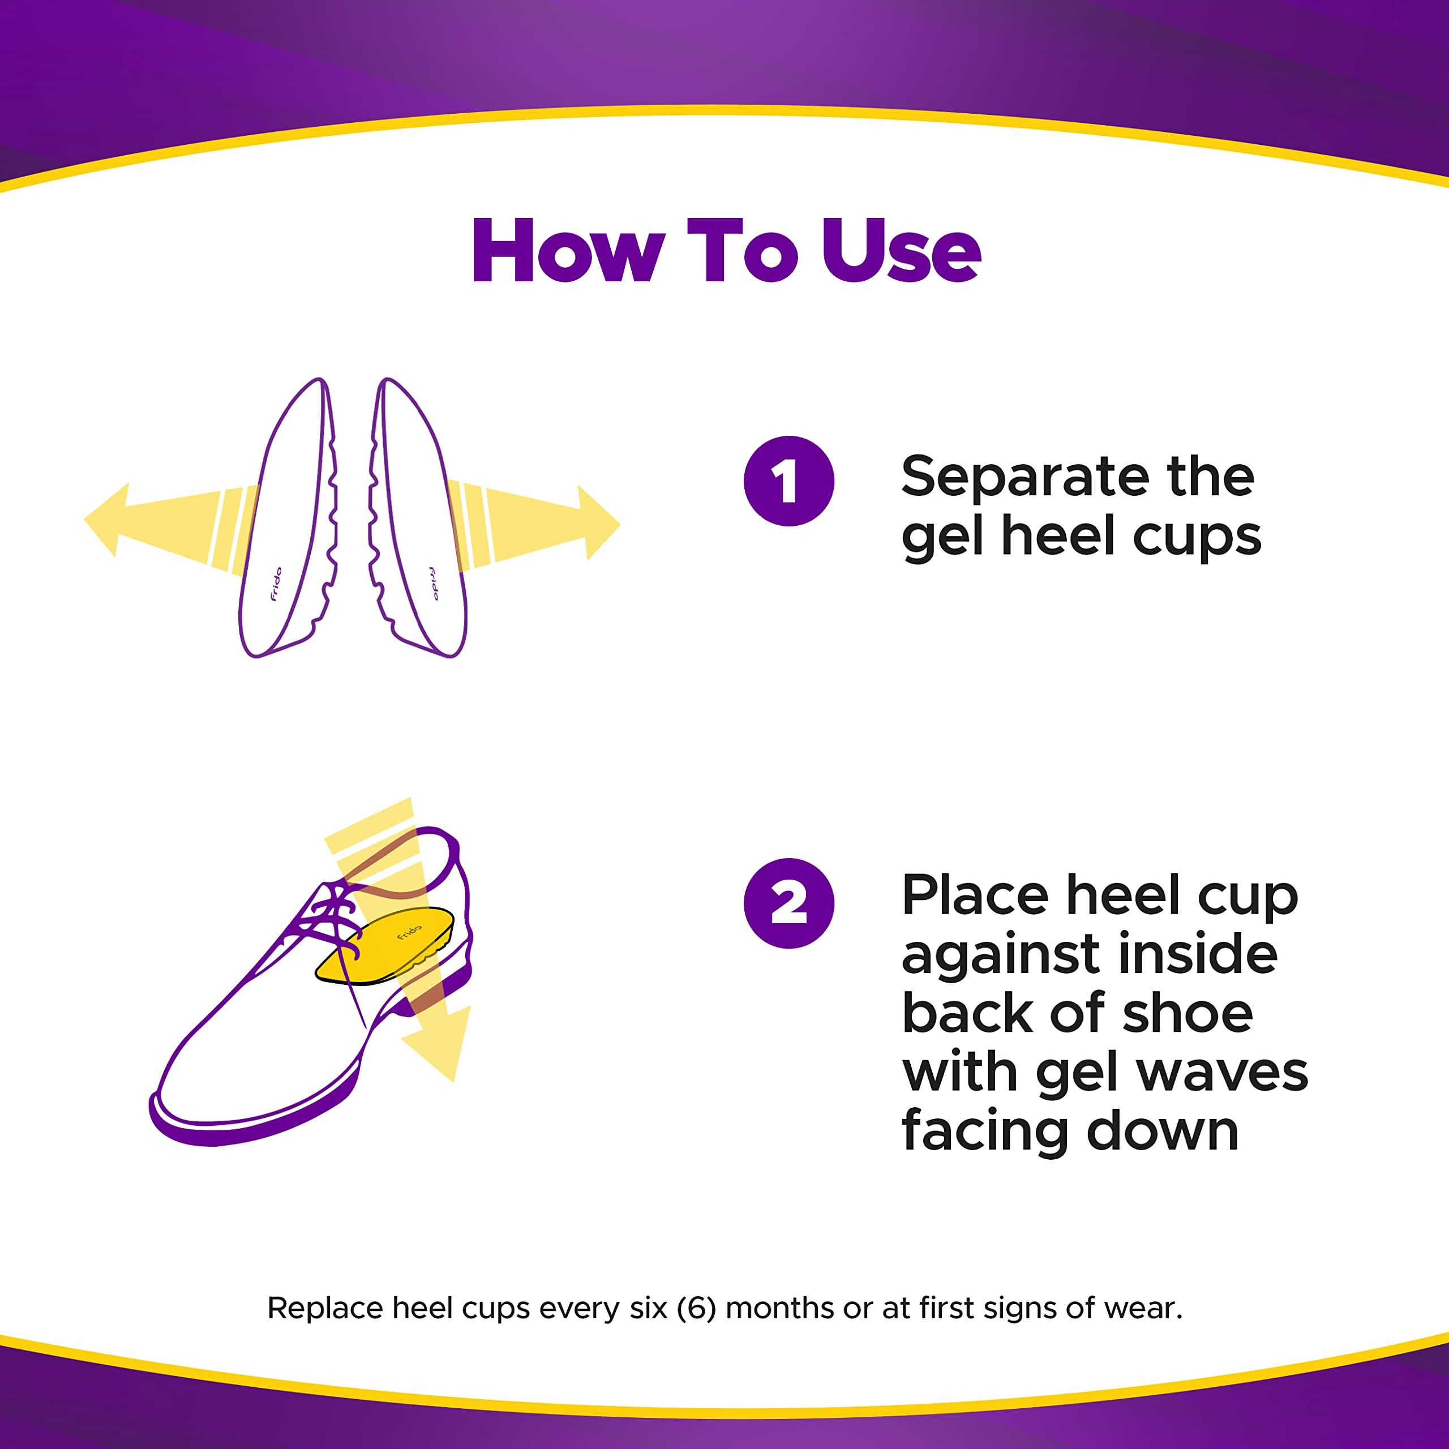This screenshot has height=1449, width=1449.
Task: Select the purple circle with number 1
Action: click(x=789, y=481)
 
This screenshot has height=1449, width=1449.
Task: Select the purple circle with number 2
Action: click(x=789, y=903)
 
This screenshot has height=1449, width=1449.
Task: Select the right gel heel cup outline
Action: click(x=418, y=517)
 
